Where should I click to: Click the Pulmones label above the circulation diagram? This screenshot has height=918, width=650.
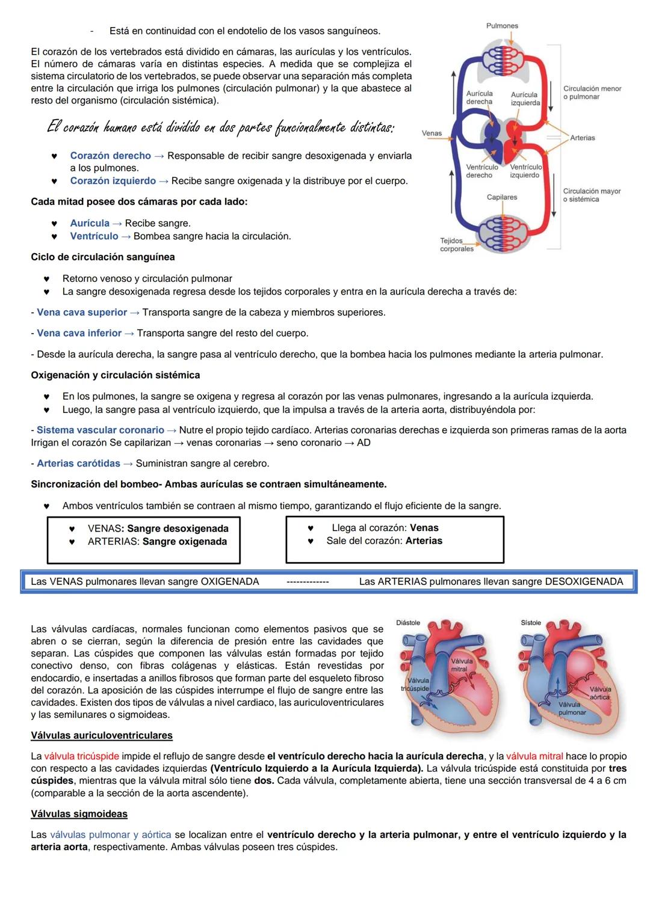point(502,26)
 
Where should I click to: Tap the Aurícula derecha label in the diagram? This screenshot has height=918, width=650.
point(479,97)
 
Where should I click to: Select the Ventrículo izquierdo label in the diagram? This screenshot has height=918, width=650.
point(525,171)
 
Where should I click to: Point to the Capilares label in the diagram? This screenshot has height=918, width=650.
point(502,197)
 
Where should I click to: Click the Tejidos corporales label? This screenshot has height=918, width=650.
point(456,245)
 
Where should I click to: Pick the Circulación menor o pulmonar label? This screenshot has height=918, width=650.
point(592,93)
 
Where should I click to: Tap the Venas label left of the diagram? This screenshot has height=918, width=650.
point(432,133)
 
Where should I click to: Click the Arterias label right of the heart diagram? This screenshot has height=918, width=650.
point(582,138)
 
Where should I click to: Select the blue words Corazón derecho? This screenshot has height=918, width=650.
point(110,156)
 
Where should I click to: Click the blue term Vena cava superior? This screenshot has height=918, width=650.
point(82,313)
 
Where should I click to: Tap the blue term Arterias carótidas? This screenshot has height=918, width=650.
point(78,464)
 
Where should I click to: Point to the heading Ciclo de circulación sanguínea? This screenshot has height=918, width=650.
point(103,257)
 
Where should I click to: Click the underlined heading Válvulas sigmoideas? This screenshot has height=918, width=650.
point(79,814)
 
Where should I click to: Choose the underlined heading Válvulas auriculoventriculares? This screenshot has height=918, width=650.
point(102,736)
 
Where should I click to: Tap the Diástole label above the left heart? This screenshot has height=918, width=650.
point(408,623)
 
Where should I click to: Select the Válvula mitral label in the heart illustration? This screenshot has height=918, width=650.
point(461,665)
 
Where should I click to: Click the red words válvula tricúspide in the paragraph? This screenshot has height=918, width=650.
point(81,756)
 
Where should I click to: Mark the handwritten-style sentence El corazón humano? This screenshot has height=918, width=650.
point(220,128)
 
